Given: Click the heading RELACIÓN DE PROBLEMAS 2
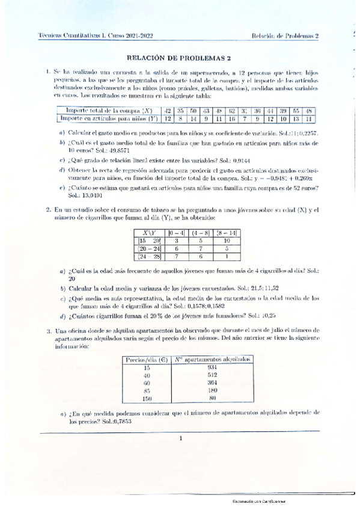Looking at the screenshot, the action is pyautogui.click(x=180, y=58).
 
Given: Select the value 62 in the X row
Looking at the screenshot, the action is pyautogui.click(x=231, y=111).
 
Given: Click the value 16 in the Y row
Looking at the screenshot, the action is pyautogui.click(x=231, y=118).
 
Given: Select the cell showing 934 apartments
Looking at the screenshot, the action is pyautogui.click(x=212, y=367).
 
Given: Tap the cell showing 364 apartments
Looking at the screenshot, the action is pyautogui.click(x=212, y=382).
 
